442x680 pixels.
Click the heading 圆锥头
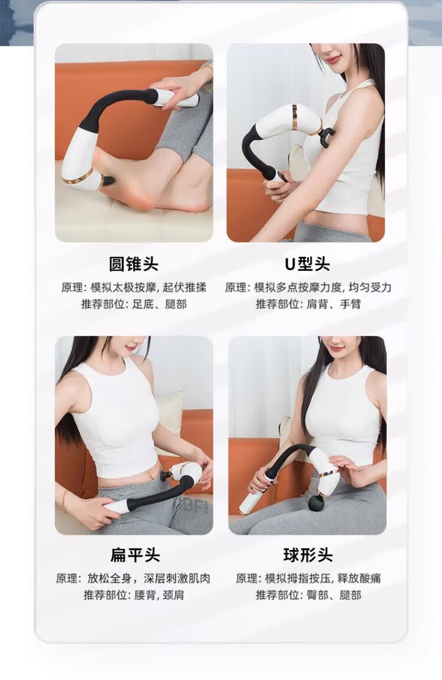133,264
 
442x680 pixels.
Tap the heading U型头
307,264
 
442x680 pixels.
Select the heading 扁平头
135,555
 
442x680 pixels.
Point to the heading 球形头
308,555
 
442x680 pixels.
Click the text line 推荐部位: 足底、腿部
134,304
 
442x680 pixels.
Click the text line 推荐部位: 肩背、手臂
308,304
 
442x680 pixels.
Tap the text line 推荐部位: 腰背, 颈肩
134,595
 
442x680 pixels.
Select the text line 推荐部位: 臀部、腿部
308,595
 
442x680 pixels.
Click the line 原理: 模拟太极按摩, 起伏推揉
134,287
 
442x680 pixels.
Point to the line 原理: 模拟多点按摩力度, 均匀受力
308,287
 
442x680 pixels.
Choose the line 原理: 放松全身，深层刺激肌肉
133,578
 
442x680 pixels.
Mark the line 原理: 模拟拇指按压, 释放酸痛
308,578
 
